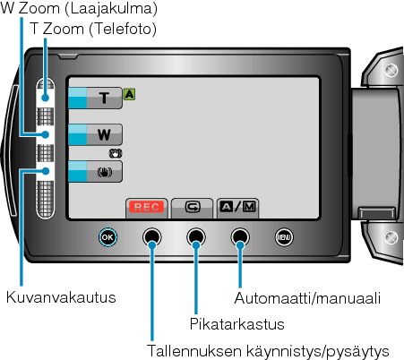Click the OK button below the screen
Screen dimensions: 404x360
[x=107, y=237]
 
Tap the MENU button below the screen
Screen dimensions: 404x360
[x=284, y=237]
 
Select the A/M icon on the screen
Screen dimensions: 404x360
[x=237, y=207]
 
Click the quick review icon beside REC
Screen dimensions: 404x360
[x=193, y=207]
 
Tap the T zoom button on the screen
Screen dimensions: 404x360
[x=95, y=98]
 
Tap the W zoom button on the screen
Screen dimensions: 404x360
[x=95, y=134]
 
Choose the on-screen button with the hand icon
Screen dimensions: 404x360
[x=95, y=171]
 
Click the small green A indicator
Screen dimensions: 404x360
[x=129, y=94]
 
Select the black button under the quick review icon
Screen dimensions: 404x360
[x=196, y=237]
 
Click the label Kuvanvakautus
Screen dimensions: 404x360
[x=61, y=297]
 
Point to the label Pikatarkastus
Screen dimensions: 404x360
[x=236, y=324]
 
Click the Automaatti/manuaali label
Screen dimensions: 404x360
[x=307, y=298]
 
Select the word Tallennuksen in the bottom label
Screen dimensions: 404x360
[x=194, y=351]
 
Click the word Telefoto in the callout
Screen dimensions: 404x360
[x=123, y=30]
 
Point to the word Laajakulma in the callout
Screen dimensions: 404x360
[x=111, y=8]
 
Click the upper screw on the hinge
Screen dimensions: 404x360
[x=391, y=70]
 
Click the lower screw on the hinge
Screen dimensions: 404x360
[x=391, y=237]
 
